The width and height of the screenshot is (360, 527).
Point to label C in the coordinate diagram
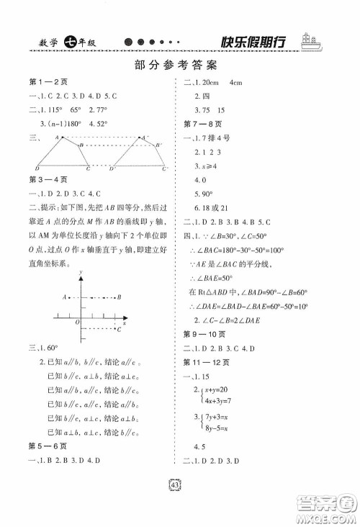tap(118, 328)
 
